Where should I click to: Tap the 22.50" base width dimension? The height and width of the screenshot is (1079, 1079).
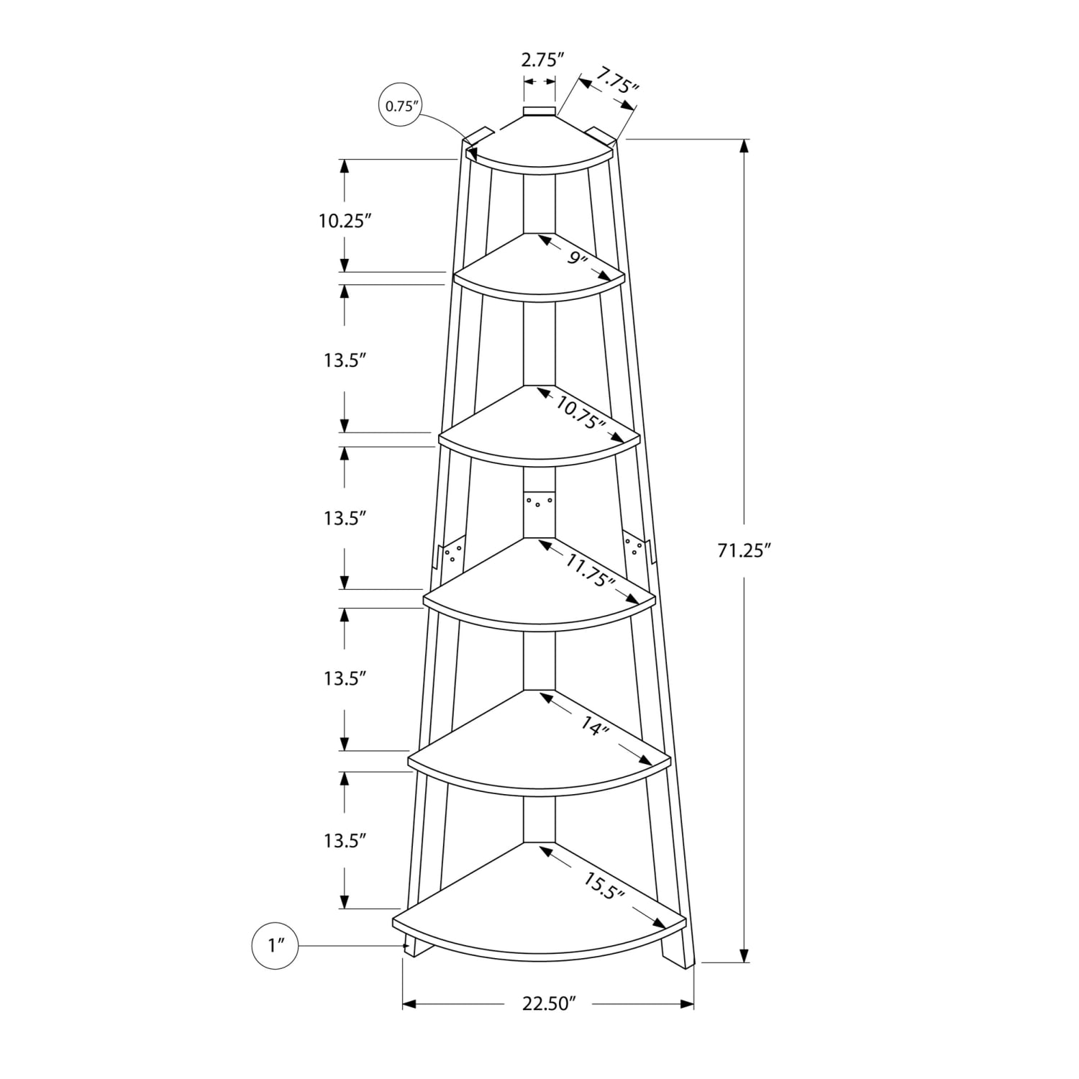pos(550,1003)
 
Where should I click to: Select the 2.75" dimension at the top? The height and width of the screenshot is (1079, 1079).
pos(539,60)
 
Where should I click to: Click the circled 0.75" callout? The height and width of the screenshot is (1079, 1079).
pos(401,106)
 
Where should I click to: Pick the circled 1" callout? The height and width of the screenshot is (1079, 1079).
pos(274,945)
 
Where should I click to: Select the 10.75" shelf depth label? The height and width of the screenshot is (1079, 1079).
pos(579,414)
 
